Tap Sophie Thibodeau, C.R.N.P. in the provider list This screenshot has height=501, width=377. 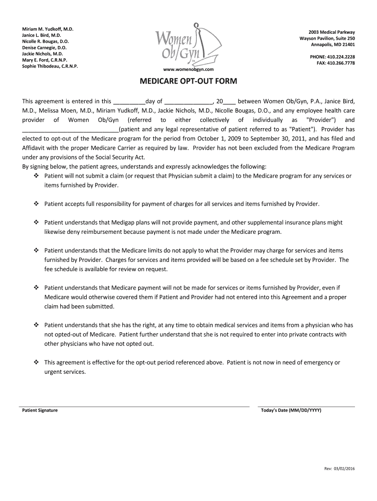click(50, 66)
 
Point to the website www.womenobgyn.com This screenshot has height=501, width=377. click(188, 69)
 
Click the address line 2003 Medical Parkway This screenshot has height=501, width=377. click(331, 32)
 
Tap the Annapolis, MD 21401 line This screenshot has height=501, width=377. click(333, 45)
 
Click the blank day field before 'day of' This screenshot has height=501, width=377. click(129, 102)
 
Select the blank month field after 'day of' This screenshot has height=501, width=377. click(188, 102)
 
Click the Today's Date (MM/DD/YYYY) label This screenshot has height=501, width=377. click(292, 410)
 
